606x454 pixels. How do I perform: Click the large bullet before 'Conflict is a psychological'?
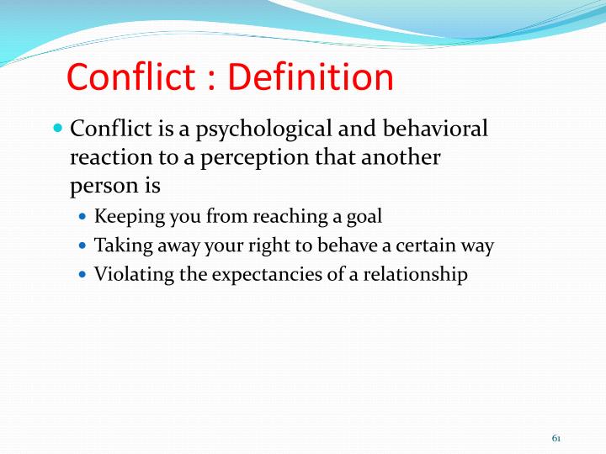click(x=57, y=129)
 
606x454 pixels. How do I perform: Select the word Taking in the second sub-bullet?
click(x=120, y=245)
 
